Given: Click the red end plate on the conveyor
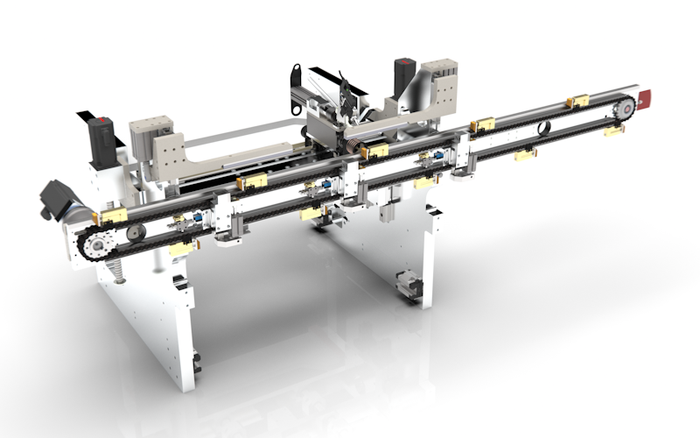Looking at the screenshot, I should pyautogui.click(x=645, y=98).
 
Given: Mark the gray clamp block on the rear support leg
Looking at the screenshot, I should pyautogui.click(x=408, y=286).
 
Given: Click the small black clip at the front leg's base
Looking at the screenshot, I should pyautogui.click(x=195, y=361).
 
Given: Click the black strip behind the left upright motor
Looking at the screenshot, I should pyautogui.click(x=86, y=116).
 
